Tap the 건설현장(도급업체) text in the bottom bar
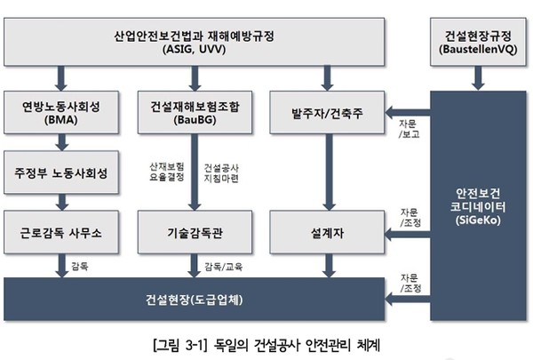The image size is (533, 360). [197, 296]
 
